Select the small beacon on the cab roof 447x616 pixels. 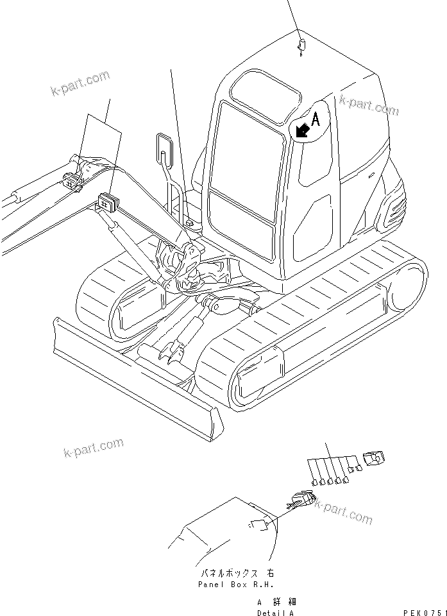(x=301, y=46)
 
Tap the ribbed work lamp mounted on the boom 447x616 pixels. (x=105, y=202)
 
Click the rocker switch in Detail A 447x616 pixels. (x=299, y=501)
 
